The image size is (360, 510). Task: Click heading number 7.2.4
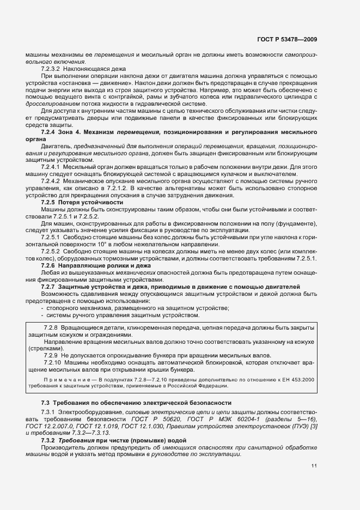[48, 132]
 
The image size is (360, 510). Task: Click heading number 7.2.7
[48, 287]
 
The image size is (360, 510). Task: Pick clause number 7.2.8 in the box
[51, 327]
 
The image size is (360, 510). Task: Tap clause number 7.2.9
[51, 355]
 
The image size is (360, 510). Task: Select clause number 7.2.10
[52, 362]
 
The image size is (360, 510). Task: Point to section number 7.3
[45, 402]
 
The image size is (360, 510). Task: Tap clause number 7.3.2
[48, 440]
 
